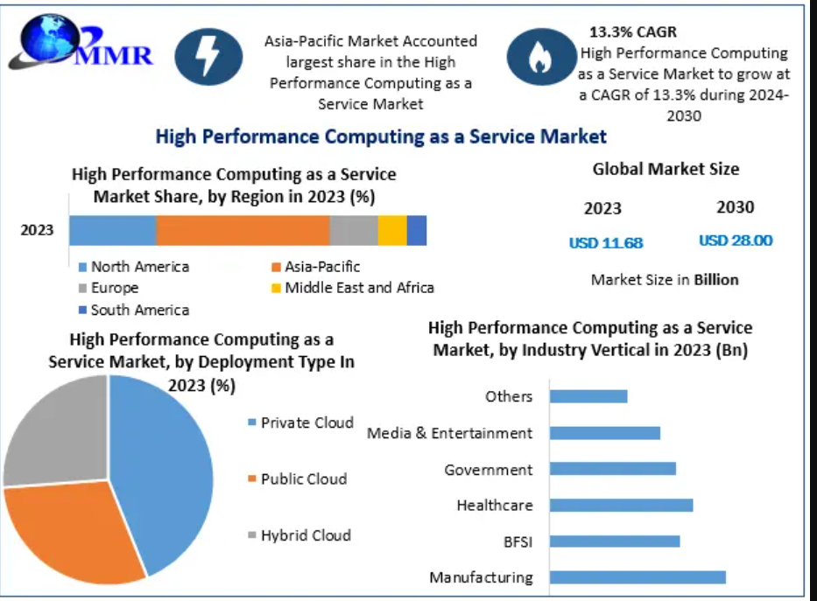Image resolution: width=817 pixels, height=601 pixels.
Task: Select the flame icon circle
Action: click(540, 57)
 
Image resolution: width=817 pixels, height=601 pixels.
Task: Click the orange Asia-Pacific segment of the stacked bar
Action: click(243, 230)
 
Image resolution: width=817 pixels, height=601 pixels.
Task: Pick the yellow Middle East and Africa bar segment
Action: click(392, 230)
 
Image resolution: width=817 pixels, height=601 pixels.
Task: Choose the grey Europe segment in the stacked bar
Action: click(354, 230)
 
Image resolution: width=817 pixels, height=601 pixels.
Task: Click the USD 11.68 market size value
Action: click(606, 242)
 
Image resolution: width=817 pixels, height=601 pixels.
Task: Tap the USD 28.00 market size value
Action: click(736, 241)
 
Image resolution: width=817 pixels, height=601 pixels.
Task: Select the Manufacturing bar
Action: click(637, 577)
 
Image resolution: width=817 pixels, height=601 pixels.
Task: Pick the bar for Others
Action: click(588, 396)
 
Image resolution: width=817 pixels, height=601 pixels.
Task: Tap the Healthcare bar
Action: click(621, 505)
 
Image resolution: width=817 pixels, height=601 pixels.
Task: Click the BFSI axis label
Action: click(518, 542)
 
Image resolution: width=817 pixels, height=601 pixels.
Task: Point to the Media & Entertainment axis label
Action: click(449, 433)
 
